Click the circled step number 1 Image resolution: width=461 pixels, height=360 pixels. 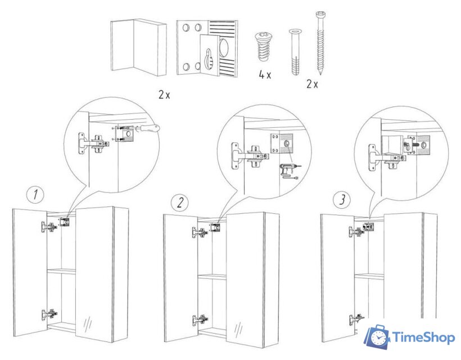pyautogui.click(x=35, y=195)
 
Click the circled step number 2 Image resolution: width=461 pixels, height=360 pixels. pyautogui.click(x=179, y=202)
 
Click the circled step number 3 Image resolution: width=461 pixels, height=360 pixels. pyautogui.click(x=339, y=199)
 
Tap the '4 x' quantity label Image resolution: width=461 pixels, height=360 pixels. pyautogui.click(x=265, y=75)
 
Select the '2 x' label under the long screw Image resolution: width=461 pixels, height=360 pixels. pyautogui.click(x=312, y=84)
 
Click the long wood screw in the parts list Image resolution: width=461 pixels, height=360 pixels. pyautogui.click(x=320, y=42)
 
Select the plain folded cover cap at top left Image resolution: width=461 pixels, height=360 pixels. pyautogui.click(x=138, y=47)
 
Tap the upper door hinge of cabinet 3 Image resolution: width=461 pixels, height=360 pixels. pyautogui.click(x=355, y=231)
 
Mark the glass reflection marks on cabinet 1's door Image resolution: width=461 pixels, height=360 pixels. pyautogui.click(x=88, y=326)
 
